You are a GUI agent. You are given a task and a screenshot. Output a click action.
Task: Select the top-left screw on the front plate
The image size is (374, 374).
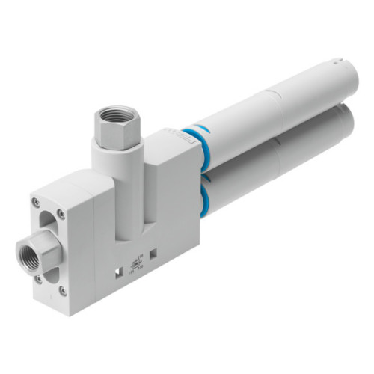[34, 203]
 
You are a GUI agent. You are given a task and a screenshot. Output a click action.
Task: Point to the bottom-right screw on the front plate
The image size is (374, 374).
[63, 291]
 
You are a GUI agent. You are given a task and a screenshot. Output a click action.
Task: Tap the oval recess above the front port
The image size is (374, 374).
[49, 224]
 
